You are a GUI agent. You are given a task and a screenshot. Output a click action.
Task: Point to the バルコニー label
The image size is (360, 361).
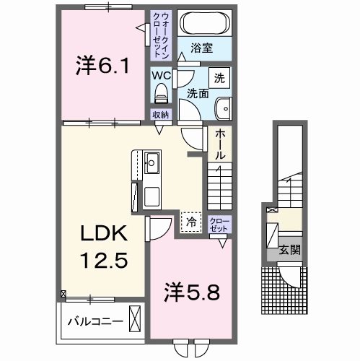(89, 318)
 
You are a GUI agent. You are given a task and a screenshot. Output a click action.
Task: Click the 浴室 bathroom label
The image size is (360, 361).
(201, 48)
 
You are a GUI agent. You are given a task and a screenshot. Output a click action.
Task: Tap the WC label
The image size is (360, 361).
(160, 73)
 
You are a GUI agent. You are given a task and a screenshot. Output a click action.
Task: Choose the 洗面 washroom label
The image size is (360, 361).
(198, 93)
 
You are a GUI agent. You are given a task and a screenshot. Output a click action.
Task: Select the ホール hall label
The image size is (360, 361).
(219, 144)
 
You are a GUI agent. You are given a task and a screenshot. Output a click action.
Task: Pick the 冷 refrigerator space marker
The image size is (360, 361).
(191, 222)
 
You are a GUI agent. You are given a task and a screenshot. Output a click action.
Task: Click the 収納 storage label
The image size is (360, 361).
(160, 114)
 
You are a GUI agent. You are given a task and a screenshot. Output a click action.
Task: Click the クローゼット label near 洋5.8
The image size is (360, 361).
(218, 224)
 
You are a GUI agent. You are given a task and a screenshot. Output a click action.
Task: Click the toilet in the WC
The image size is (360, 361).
(161, 92)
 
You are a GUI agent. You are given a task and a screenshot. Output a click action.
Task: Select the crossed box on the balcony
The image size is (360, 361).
(135, 318)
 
